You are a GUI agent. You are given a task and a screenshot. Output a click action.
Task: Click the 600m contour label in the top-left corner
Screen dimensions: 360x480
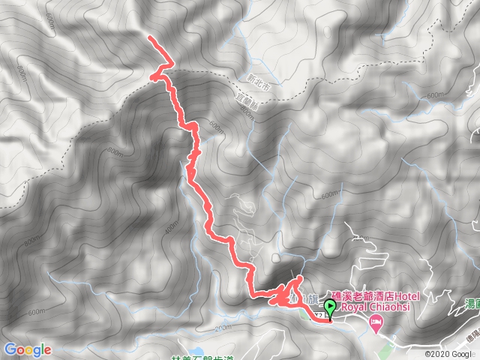click(x=49, y=25)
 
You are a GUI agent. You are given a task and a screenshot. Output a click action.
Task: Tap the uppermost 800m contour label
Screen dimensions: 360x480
click(x=20, y=70)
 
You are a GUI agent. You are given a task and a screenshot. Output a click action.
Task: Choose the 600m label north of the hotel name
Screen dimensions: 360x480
click(x=328, y=195)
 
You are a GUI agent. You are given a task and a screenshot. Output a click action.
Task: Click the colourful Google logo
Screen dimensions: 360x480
click(x=28, y=349)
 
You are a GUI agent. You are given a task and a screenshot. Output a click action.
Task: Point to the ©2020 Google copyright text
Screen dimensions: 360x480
click(x=451, y=354)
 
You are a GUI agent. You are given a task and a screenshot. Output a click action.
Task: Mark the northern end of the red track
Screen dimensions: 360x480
click(x=150, y=37)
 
